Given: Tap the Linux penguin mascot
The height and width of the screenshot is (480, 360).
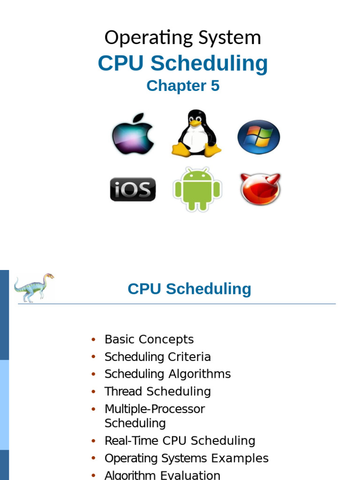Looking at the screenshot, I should (x=196, y=134).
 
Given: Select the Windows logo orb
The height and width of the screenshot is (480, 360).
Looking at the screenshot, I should (x=258, y=137).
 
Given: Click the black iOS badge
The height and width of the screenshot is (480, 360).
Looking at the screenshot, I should (x=133, y=189).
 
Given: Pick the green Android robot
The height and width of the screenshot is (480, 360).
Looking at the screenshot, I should (x=197, y=189).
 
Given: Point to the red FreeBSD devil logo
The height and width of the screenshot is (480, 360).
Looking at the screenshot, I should (x=260, y=189).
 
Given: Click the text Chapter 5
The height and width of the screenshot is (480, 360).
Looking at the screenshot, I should (x=183, y=86).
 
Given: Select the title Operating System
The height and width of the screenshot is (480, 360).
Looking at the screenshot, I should (x=183, y=37).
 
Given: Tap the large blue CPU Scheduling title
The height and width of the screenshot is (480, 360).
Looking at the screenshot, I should (x=183, y=63).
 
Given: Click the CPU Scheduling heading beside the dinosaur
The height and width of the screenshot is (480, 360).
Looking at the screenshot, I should (x=189, y=289).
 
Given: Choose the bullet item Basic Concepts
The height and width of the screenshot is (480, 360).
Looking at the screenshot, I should (x=149, y=339).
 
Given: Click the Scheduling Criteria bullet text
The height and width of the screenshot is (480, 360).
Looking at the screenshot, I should (x=157, y=357).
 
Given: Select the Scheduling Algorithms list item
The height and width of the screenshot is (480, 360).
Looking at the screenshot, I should (x=167, y=374).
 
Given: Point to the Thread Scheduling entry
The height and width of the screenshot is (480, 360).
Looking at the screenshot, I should (x=157, y=391).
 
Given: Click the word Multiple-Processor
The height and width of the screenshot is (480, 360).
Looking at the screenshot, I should (x=155, y=409).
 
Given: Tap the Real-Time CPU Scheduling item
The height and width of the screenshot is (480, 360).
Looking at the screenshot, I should (x=180, y=441).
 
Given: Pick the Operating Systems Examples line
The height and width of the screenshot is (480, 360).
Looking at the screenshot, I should (x=187, y=458).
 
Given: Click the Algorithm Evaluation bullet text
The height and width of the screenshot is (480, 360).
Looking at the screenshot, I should (x=162, y=475).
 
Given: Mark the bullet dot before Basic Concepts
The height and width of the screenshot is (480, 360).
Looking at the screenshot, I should (x=94, y=339).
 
